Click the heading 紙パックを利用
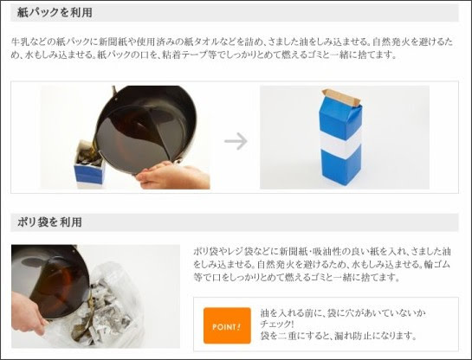(55, 13)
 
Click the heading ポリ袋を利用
(49, 222)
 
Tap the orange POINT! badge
(227, 325)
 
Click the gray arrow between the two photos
(236, 141)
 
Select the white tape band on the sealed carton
(340, 143)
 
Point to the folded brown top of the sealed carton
(341, 97)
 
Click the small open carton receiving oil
(89, 164)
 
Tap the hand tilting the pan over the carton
(172, 176)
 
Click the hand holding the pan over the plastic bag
(27, 313)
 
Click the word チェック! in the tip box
(277, 325)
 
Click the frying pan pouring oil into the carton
(145, 129)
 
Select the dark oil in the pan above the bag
(57, 286)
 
